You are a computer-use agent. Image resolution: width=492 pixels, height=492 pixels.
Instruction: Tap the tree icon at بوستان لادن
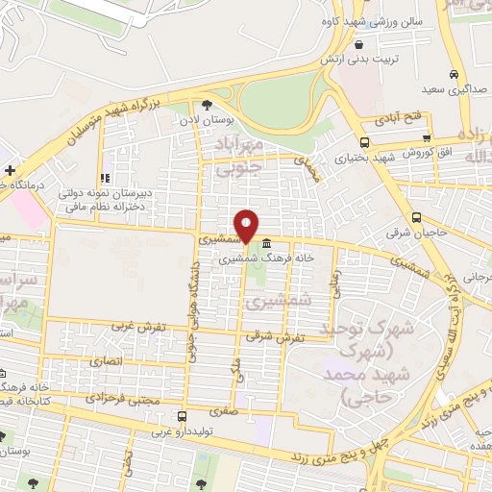pos(207,106)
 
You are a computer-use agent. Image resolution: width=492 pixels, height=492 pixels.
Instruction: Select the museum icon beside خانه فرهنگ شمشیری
pos(265,244)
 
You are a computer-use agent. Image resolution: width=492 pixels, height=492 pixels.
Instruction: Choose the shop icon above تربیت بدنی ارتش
pos(358,44)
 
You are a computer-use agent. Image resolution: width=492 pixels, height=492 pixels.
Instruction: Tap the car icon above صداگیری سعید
pos(455,75)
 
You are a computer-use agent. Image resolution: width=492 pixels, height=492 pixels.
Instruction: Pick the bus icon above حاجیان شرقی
pos(416,217)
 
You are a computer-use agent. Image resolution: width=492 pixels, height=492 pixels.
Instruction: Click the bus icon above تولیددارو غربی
pos(183,416)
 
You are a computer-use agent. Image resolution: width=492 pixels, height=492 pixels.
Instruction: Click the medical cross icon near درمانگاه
pos(10,170)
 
